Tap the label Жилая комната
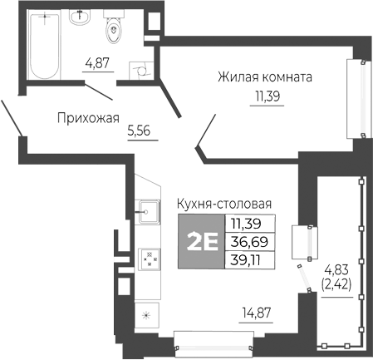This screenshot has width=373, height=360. [264, 78]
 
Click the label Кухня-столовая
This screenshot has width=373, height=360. [224, 204]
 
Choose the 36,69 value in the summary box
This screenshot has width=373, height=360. [246, 241]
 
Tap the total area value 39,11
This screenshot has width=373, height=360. [246, 259]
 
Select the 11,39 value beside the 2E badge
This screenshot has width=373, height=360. [246, 223]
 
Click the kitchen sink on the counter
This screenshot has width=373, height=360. [149, 211]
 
